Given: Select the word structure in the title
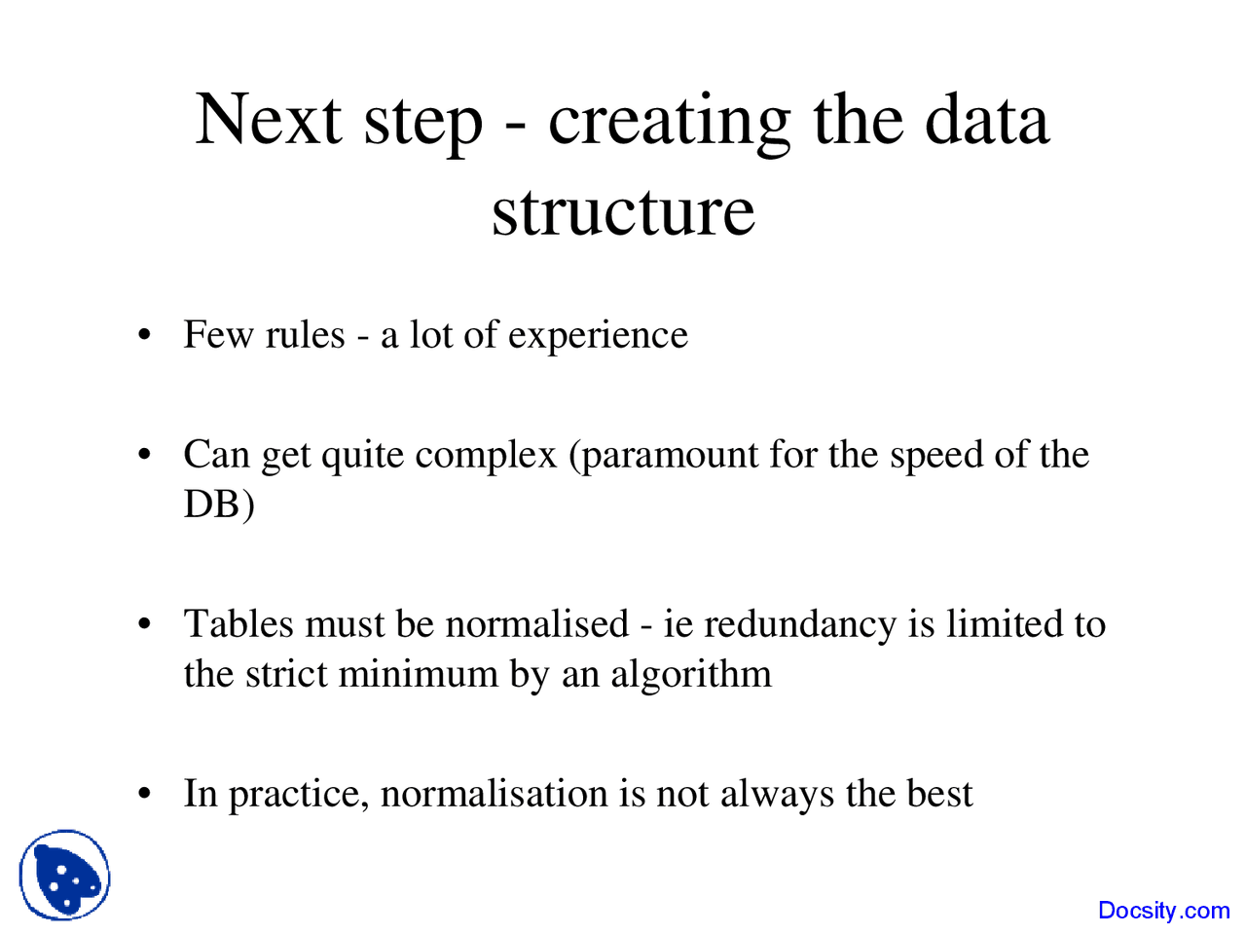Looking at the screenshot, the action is tap(623, 212).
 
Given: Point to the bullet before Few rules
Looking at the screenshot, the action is tap(145, 334).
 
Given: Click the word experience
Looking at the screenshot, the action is tap(598, 336).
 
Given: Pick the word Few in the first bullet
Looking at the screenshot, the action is tap(218, 334).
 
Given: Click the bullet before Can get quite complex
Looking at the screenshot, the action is tap(145, 454).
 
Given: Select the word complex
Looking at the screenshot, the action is tap(486, 457).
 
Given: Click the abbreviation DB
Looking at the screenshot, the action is tap(211, 504).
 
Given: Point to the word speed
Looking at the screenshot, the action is tap(936, 457).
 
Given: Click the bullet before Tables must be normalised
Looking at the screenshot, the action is tap(145, 624).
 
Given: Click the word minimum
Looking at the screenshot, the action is tap(419, 674).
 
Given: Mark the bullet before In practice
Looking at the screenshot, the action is tap(145, 793).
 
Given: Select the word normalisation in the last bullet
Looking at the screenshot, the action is tap(494, 794).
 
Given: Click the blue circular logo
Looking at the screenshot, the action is tap(64, 875).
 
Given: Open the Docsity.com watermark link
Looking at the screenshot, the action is tap(1163, 910).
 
